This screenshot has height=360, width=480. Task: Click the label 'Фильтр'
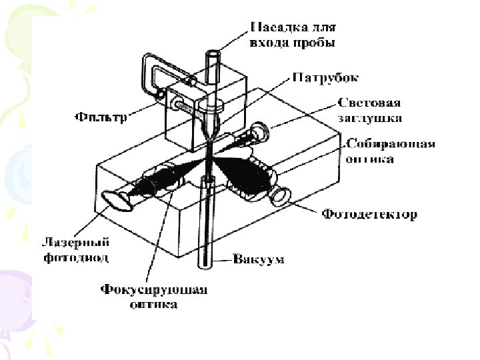click(101, 117)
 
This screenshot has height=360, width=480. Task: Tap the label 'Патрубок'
click(325, 77)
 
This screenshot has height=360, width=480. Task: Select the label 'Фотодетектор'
click(370, 215)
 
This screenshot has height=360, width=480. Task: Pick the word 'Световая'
click(369, 103)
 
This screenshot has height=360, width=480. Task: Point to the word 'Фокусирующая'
click(154, 290)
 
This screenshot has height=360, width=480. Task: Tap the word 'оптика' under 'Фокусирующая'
click(154, 305)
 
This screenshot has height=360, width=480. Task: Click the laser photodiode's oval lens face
click(116, 200)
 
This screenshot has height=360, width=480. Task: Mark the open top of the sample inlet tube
click(213, 54)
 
